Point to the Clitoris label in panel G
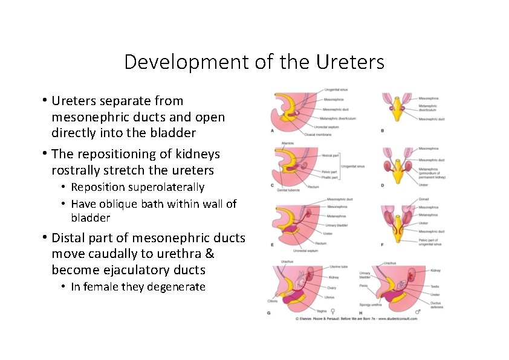(273, 300)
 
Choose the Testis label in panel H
(435, 286)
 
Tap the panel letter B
(382, 130)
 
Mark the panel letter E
(273, 245)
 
